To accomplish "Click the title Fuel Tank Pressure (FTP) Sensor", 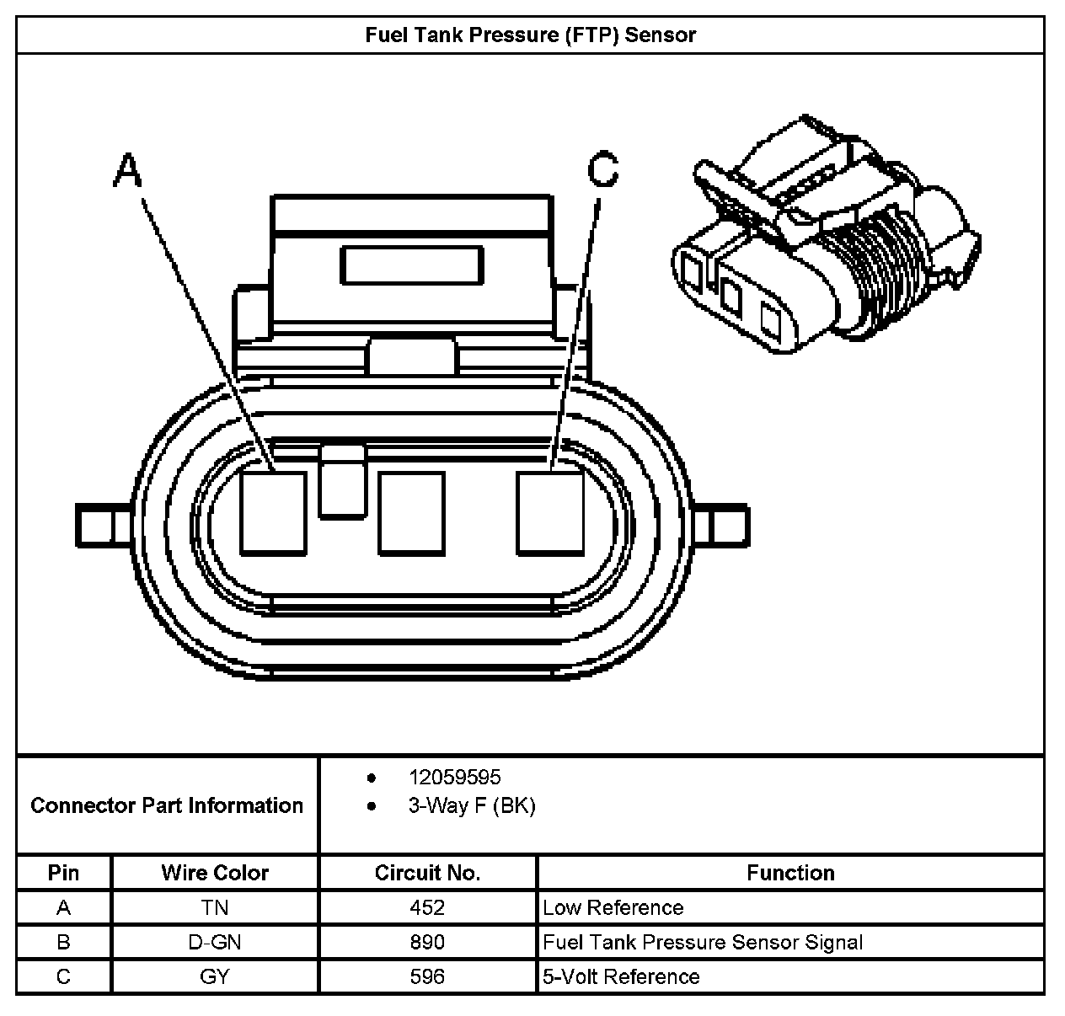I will pos(530,35).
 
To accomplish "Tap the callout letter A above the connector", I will pos(128,170).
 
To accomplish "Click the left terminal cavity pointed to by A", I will pos(273,513).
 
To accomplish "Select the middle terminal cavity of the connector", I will pos(411,513).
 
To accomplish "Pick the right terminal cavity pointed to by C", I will pos(549,513).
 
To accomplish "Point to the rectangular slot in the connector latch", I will pos(412,265).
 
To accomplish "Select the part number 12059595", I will pos(454,777).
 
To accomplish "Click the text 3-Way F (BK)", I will pos(472,805).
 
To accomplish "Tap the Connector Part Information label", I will pos(167,805).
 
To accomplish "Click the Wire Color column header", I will pos(215,873).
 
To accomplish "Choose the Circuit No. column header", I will pos(427,873).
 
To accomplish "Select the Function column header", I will pos(790,873).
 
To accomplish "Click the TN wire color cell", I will pos(215,907).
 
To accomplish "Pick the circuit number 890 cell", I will pos(427,942).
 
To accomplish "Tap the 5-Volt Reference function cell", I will pos(621,976).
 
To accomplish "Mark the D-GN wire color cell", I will pos(215,942).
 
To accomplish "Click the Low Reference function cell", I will pos(613,907).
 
